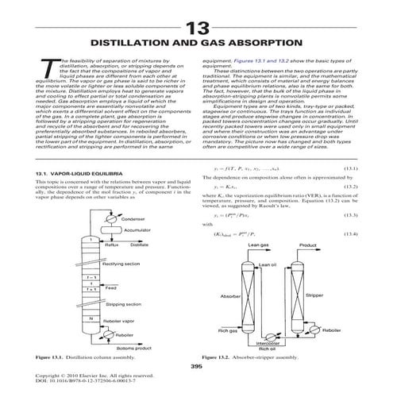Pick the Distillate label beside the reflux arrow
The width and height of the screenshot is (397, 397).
point(140,268)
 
